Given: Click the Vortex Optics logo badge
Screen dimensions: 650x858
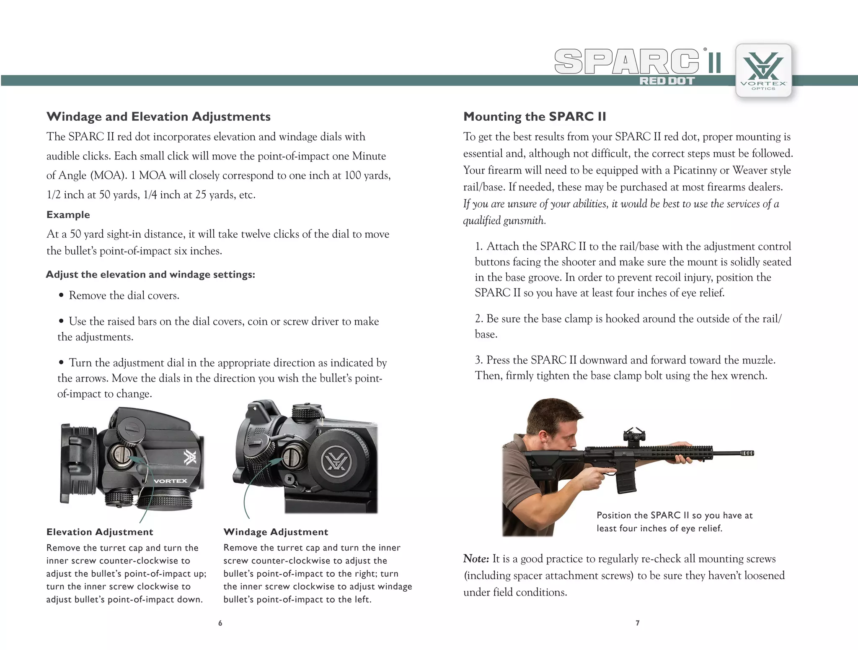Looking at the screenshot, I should (763, 70).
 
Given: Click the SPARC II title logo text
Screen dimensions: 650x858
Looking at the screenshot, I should (637, 62).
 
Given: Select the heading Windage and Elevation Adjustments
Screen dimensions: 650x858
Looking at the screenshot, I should (158, 117).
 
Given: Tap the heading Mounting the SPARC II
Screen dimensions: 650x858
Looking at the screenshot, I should (534, 117).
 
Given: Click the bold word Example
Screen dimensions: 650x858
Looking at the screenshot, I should (68, 215).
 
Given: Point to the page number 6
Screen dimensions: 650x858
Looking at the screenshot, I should (220, 623).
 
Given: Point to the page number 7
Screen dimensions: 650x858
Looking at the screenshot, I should (637, 623).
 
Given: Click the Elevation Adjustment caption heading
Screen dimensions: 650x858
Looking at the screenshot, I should (100, 532).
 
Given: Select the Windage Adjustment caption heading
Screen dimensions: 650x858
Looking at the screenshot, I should (276, 532).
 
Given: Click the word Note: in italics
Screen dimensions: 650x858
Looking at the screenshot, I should (476, 559).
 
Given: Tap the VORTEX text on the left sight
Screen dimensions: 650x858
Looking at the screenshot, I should (170, 481).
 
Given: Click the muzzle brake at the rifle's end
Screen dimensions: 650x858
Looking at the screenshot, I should (748, 453).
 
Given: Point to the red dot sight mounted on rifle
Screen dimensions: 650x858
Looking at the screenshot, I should (634, 434).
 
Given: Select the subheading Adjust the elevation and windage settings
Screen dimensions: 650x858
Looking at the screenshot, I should (150, 274).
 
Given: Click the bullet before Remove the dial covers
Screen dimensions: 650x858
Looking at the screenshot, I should (61, 295).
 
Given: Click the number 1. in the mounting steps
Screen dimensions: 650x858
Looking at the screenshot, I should (479, 246).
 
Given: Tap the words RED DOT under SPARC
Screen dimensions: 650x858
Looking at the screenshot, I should (667, 81).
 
